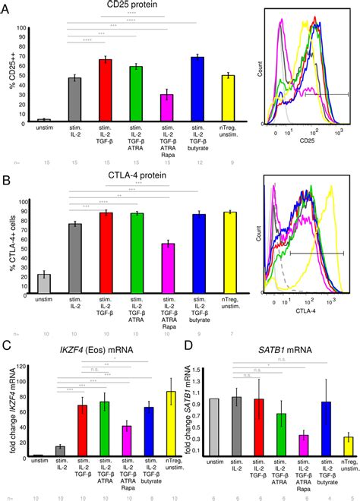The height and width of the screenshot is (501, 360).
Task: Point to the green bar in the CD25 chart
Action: tap(136, 93)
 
